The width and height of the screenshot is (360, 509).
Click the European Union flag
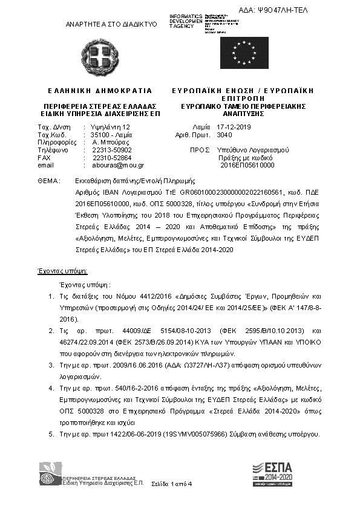click(244, 53)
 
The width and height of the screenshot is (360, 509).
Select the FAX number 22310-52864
click(111, 157)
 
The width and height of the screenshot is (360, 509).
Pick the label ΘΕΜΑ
click(47, 180)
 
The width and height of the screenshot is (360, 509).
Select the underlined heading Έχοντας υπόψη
click(63, 270)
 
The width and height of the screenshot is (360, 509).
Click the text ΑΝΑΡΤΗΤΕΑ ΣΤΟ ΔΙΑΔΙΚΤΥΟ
click(111, 24)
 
